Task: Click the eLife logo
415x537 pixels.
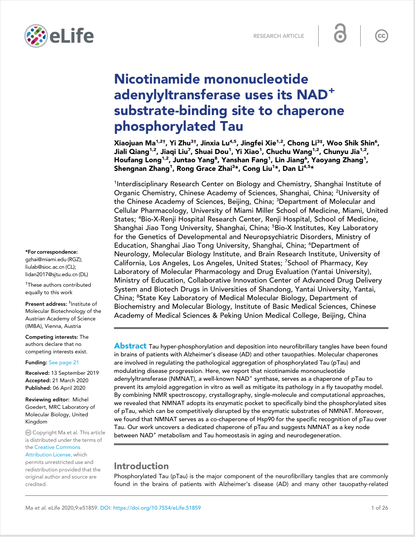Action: click(59, 36)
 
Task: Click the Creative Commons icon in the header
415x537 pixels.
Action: click(381, 36)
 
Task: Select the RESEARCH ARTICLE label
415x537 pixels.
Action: click(279, 36)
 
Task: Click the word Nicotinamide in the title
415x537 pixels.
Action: click(157, 79)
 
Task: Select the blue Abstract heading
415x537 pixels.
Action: click(130, 346)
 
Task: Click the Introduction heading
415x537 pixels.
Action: click(141, 466)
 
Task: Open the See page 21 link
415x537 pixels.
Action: click(64, 362)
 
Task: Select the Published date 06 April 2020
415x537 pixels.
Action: click(69, 388)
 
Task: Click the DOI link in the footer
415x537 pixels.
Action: click(150, 508)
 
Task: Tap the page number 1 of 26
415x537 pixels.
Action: click(379, 508)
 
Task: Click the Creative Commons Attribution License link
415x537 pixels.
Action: click(53, 451)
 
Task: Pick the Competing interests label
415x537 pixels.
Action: click(51, 337)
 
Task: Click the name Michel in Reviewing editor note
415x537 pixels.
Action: click(80, 399)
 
